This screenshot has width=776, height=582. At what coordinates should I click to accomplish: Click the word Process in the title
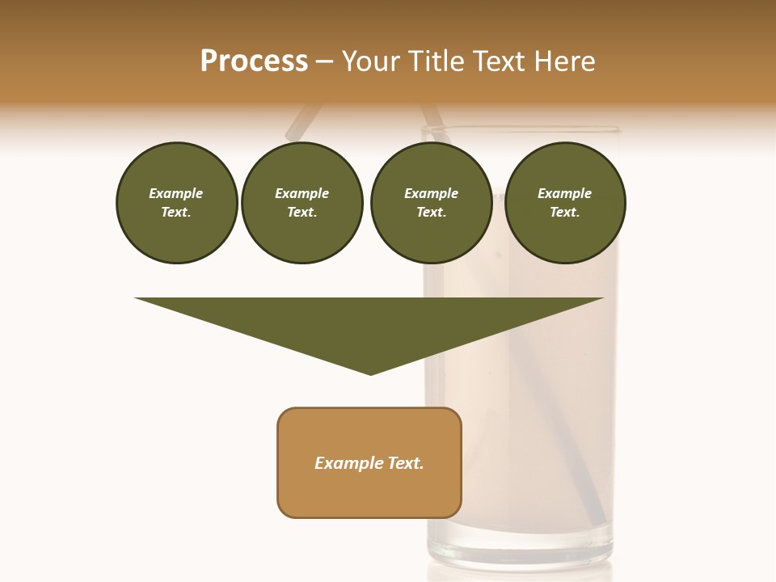click(x=254, y=61)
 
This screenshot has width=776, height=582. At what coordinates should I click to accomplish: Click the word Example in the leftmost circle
click(x=176, y=193)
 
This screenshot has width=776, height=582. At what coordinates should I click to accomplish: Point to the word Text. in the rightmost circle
click(x=564, y=212)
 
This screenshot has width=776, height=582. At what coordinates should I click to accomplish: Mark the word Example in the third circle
click(x=431, y=193)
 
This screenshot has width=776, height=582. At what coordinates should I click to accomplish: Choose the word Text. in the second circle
click(x=302, y=212)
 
